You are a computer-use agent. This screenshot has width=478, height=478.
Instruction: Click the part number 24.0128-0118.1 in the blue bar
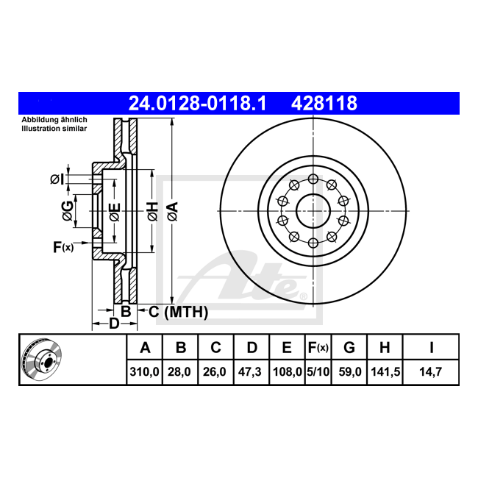click(x=198, y=104)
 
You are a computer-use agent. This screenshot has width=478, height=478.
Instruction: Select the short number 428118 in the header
click(x=324, y=104)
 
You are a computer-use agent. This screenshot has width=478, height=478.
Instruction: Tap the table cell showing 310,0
click(x=144, y=372)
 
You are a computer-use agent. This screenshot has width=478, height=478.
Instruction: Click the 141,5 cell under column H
click(x=385, y=372)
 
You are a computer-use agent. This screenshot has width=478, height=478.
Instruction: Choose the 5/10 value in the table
click(x=318, y=372)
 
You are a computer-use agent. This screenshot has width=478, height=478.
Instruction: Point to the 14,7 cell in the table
click(x=430, y=372)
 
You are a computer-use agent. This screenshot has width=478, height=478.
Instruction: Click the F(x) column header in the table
click(x=318, y=347)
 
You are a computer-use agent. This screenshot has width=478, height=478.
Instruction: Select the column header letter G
click(x=349, y=347)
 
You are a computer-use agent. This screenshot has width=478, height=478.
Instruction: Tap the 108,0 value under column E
click(x=287, y=372)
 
